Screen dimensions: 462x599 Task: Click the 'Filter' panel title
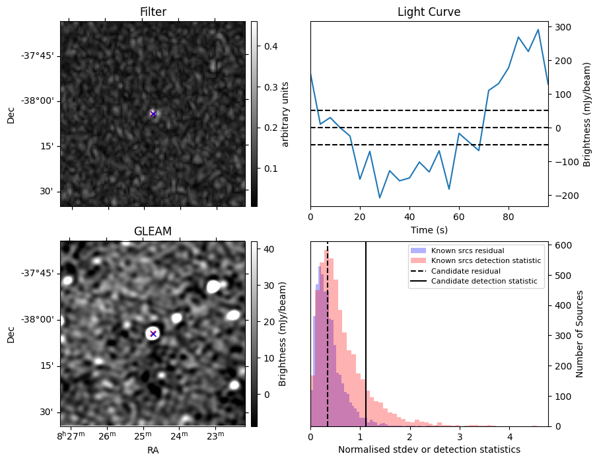click(x=153, y=13)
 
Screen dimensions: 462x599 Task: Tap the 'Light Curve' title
click(x=429, y=13)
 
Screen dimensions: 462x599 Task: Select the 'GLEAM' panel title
click(x=153, y=231)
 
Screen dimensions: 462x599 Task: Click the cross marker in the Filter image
click(x=153, y=114)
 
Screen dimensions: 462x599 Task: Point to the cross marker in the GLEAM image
click(x=153, y=334)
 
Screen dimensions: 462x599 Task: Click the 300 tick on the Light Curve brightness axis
click(x=563, y=27)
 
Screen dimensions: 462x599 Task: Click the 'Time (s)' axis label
click(x=429, y=229)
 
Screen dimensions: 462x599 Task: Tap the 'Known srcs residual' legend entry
click(x=467, y=251)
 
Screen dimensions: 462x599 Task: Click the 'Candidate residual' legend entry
click(x=466, y=272)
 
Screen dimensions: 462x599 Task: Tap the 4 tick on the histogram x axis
click(x=509, y=436)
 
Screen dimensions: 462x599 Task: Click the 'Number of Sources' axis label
click(x=581, y=334)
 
